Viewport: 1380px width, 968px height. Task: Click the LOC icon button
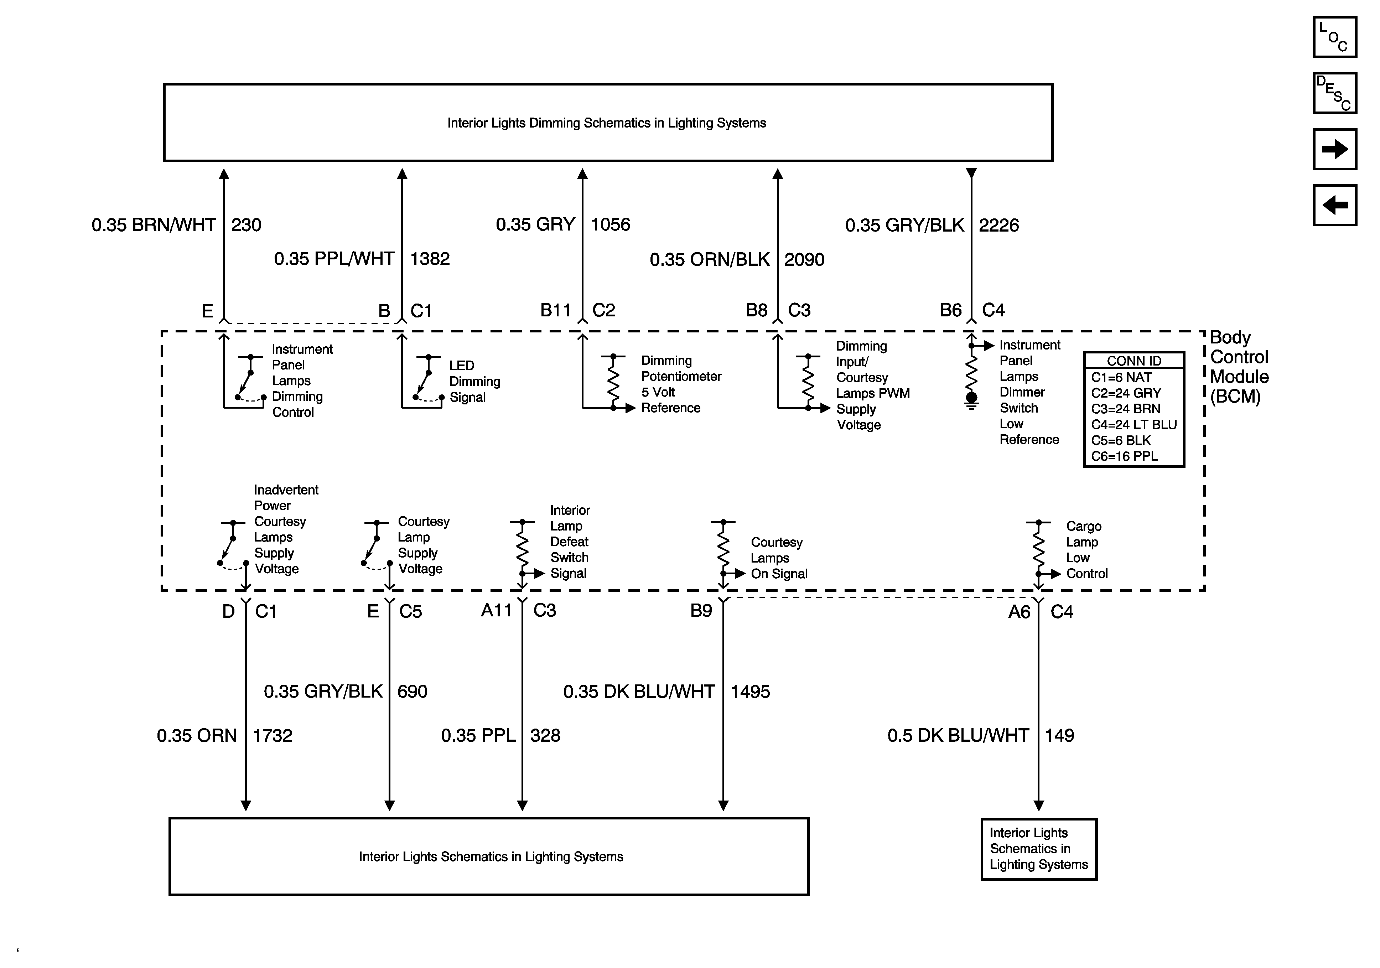[1334, 37]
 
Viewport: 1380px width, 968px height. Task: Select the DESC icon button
[1334, 93]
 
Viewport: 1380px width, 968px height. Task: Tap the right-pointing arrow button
[1334, 149]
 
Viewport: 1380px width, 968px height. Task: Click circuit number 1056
[610, 224]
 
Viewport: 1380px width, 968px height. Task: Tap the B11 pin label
[555, 310]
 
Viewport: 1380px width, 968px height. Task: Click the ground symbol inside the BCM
[971, 401]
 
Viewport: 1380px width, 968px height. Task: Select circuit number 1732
[272, 735]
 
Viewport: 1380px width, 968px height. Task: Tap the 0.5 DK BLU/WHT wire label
[958, 735]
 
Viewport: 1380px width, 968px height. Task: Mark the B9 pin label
[701, 610]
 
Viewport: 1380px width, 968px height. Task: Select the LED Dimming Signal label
[474, 381]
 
